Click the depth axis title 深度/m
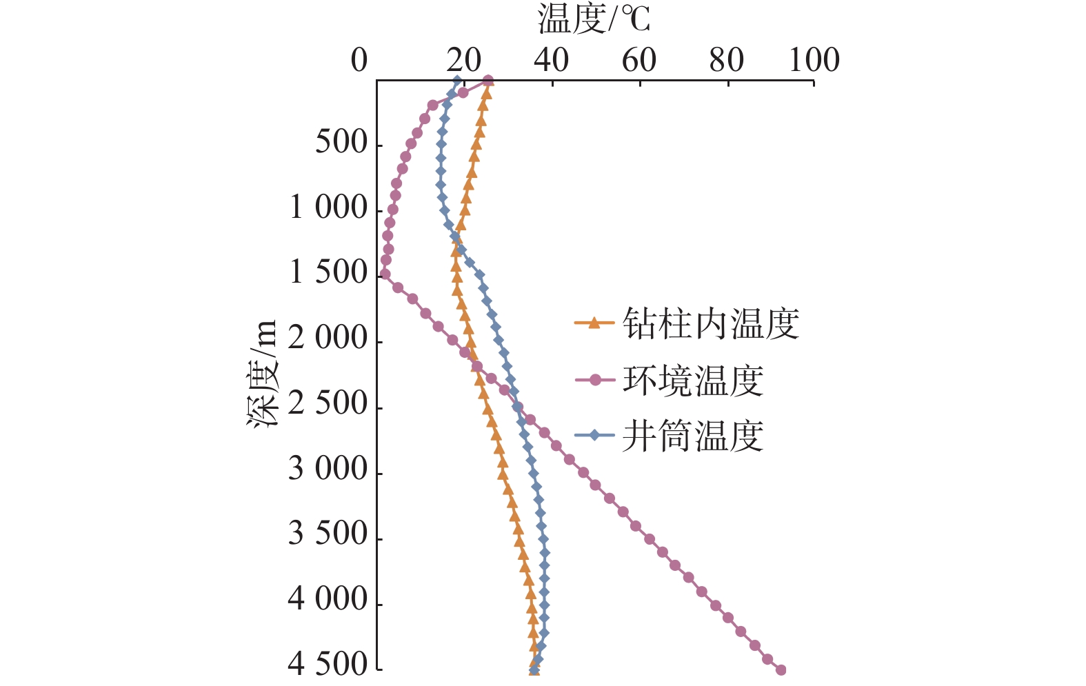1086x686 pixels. pos(263,373)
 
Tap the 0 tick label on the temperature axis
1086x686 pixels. pos(359,61)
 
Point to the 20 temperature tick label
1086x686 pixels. pos(463,61)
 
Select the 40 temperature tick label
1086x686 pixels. pos(551,61)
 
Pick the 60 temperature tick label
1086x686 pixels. pos(638,61)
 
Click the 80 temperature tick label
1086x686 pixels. pos(726,61)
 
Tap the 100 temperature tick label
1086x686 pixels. pos(814,61)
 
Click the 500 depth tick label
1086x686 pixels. pos(341,143)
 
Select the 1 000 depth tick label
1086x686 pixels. pos(328,208)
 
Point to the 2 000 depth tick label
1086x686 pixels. pos(328,339)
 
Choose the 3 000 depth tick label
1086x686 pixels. pos(328,469)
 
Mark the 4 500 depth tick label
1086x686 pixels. pos(328,665)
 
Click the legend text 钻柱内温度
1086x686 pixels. pos(711,323)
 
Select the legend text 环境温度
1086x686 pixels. pos(693,380)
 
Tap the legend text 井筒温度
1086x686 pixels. pos(693,436)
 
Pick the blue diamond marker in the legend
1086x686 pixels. pos(594,435)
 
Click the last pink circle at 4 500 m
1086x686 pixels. pos(781,669)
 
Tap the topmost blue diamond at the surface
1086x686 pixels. pos(457,80)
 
